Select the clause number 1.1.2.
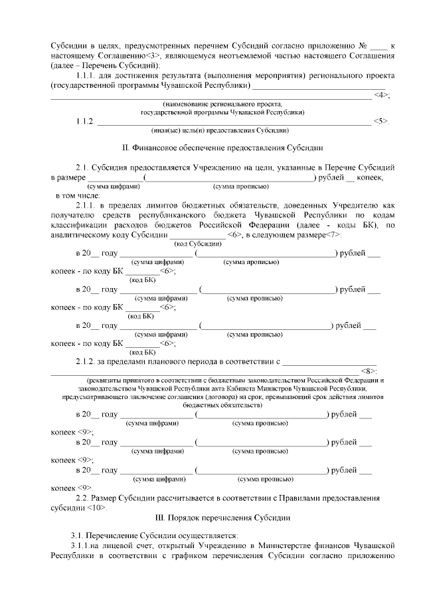point(86,121)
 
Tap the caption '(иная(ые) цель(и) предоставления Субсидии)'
point(220,130)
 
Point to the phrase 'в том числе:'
point(77,197)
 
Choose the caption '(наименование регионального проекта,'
point(222,104)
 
